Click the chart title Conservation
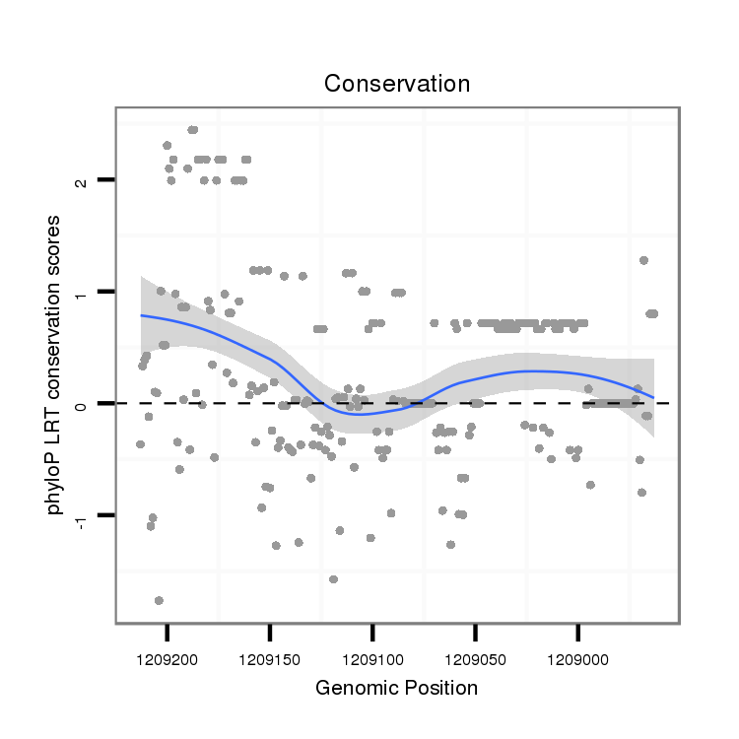(x=397, y=85)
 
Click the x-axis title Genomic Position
(x=396, y=689)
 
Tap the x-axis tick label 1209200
(x=168, y=654)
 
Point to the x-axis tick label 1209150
(x=270, y=654)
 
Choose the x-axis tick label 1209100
(x=372, y=654)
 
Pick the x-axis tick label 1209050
(x=476, y=654)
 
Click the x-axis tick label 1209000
(x=578, y=654)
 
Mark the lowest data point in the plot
(x=159, y=600)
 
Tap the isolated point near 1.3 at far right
(x=643, y=260)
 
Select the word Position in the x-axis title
(x=440, y=689)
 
